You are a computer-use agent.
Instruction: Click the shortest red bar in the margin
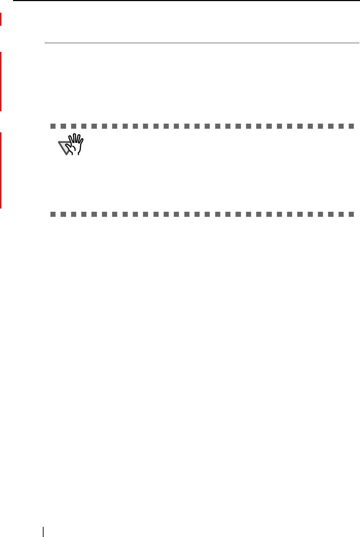point(1,19)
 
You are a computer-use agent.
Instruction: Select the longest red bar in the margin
point(1,170)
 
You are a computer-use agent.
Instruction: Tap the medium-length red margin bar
point(1,81)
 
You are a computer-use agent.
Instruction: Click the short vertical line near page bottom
point(43,532)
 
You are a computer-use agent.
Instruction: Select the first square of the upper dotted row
point(53,127)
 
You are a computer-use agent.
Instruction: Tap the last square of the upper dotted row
point(351,127)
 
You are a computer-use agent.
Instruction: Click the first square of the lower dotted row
point(53,215)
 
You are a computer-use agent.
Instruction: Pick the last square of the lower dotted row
point(351,215)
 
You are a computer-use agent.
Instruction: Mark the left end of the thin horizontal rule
point(45,43)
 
